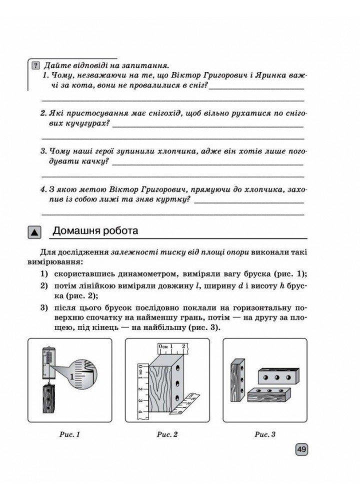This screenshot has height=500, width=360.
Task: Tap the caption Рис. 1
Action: pyautogui.click(x=70, y=434)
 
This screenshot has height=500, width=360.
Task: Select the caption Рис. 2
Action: pyautogui.click(x=167, y=434)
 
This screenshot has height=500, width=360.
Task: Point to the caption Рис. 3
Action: pyautogui.click(x=265, y=434)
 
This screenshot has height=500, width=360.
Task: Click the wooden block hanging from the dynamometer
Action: pyautogui.click(x=48, y=400)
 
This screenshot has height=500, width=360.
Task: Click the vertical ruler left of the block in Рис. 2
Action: pyautogui.click(x=140, y=387)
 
